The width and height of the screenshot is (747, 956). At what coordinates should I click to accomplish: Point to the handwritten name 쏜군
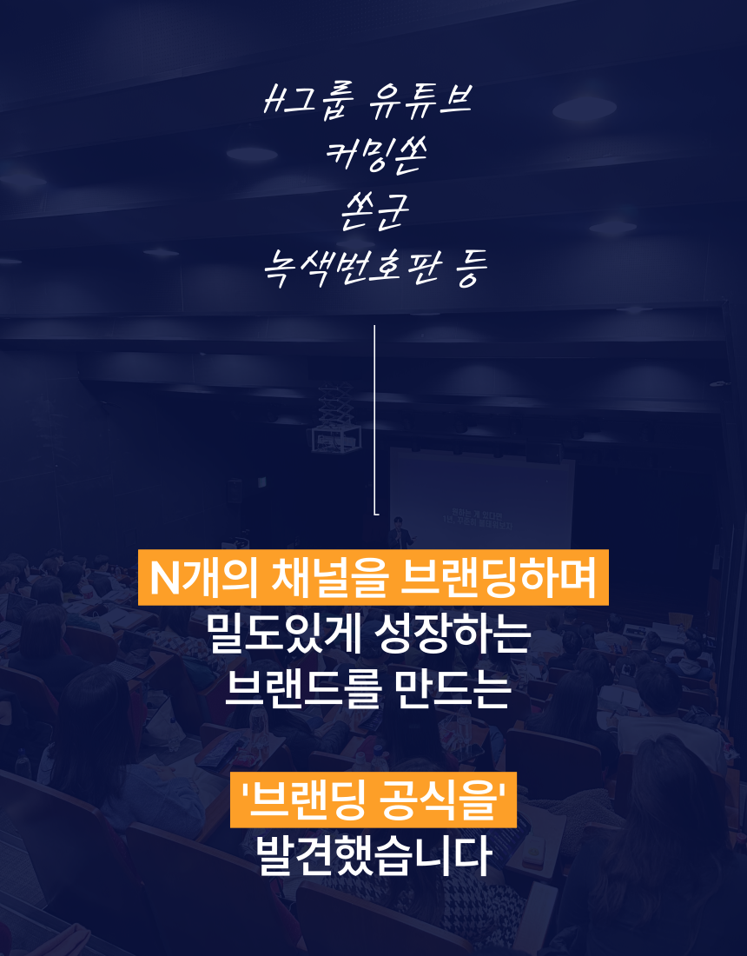374,211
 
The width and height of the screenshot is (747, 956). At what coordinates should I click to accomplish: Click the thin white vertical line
374,420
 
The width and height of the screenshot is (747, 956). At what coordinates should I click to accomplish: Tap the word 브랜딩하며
497,578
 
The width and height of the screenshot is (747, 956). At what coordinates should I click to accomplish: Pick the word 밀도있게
284,634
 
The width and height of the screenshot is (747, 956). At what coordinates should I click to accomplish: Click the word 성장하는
453,634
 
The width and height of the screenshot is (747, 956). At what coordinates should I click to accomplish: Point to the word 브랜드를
303,689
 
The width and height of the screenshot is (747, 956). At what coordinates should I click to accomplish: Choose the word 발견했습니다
373,855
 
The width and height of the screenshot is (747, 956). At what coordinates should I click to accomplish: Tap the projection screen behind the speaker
481,497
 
